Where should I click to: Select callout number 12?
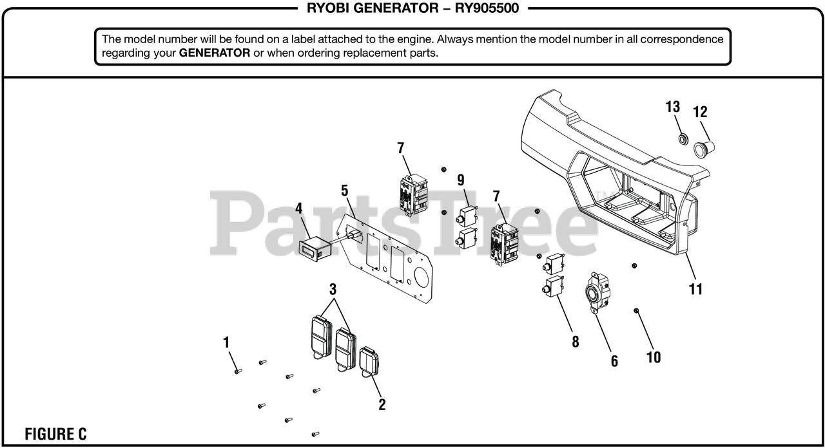point(700,112)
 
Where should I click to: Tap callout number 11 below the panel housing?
point(695,289)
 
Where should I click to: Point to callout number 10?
point(653,357)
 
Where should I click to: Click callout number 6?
point(614,361)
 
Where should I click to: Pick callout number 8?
point(575,342)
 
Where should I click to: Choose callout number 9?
point(461,180)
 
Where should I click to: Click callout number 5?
point(345,191)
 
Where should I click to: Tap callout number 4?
point(299,208)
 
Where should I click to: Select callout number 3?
point(333,288)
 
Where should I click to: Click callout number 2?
point(382,404)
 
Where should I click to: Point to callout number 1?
point(226,342)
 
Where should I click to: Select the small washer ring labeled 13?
point(683,138)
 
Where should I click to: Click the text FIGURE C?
point(55,434)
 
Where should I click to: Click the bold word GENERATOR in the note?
point(215,53)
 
